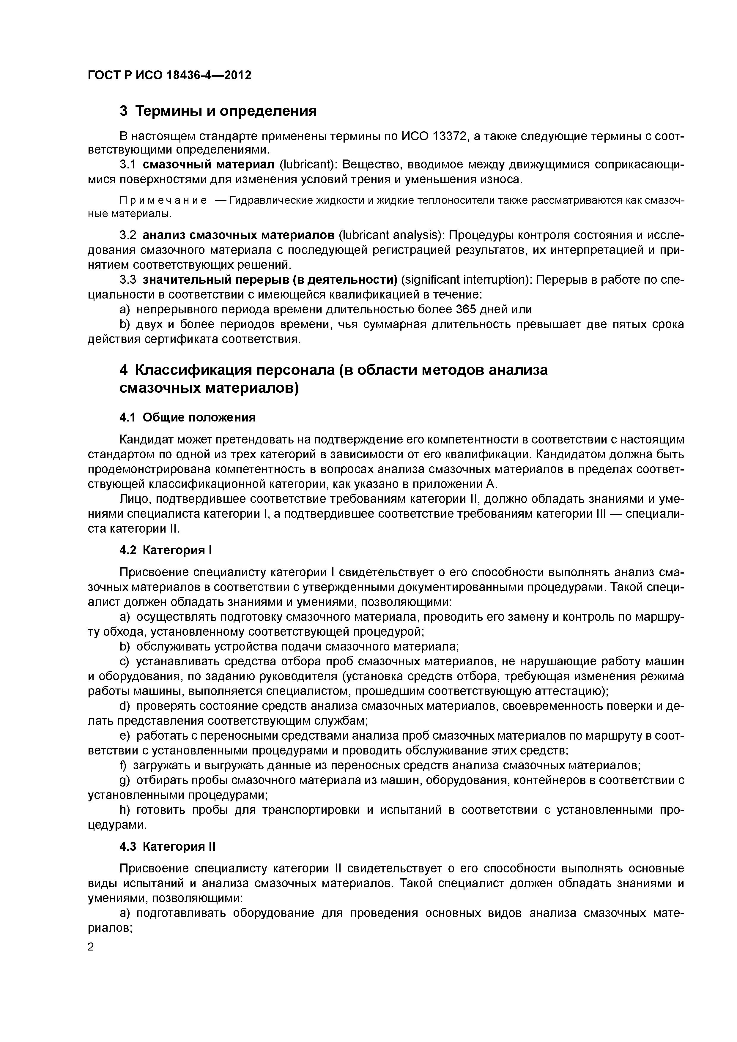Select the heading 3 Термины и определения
pyautogui.click(x=218, y=111)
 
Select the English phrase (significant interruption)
pyautogui.click(x=466, y=280)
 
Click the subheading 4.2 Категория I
pyautogui.click(x=166, y=550)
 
